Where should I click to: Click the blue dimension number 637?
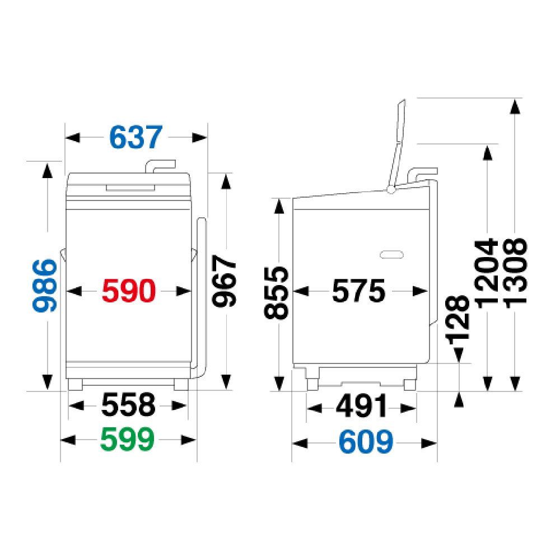(136, 137)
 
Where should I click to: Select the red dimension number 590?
(129, 291)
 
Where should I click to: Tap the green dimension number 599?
(128, 439)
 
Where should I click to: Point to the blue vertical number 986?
(45, 286)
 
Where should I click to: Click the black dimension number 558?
(129, 405)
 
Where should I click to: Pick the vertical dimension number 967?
(225, 281)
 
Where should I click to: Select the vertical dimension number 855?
(276, 293)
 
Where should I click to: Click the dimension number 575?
(359, 291)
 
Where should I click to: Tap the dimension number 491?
(361, 405)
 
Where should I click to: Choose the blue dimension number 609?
(366, 442)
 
